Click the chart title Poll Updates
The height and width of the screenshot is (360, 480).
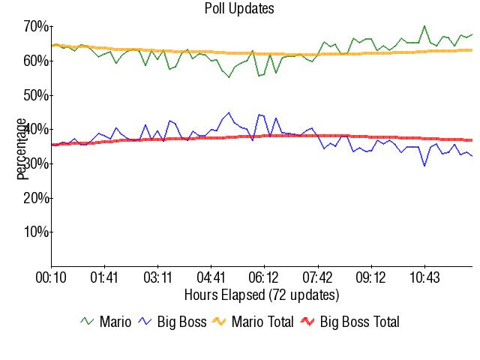tap(239, 9)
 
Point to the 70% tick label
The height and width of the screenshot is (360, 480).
tap(36, 27)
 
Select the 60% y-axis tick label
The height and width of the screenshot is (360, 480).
tap(36, 61)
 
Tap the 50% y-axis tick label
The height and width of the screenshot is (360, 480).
tap(36, 95)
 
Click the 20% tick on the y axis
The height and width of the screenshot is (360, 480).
tap(36, 198)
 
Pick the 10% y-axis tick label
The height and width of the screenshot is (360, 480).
tap(36, 232)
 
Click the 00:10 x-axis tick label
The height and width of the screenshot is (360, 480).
tap(51, 277)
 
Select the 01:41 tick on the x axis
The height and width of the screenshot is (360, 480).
tap(104, 277)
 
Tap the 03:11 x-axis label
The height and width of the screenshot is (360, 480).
tap(157, 277)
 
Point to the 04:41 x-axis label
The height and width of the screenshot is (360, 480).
tap(211, 277)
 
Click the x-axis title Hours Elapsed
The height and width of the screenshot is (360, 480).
tap(261, 294)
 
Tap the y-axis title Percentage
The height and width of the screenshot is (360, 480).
tap(22, 148)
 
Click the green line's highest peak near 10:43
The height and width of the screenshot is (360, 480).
tap(424, 25)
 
